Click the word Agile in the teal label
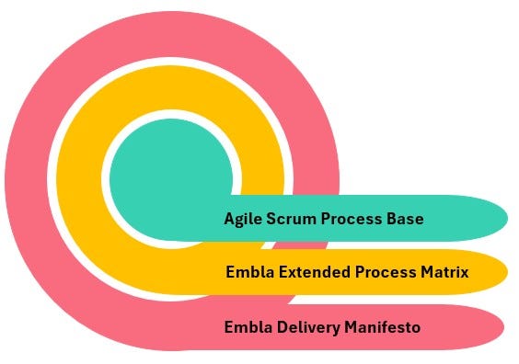point(241,220)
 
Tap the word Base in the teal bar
point(406,220)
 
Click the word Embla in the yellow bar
point(246,272)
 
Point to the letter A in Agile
point(229,220)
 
